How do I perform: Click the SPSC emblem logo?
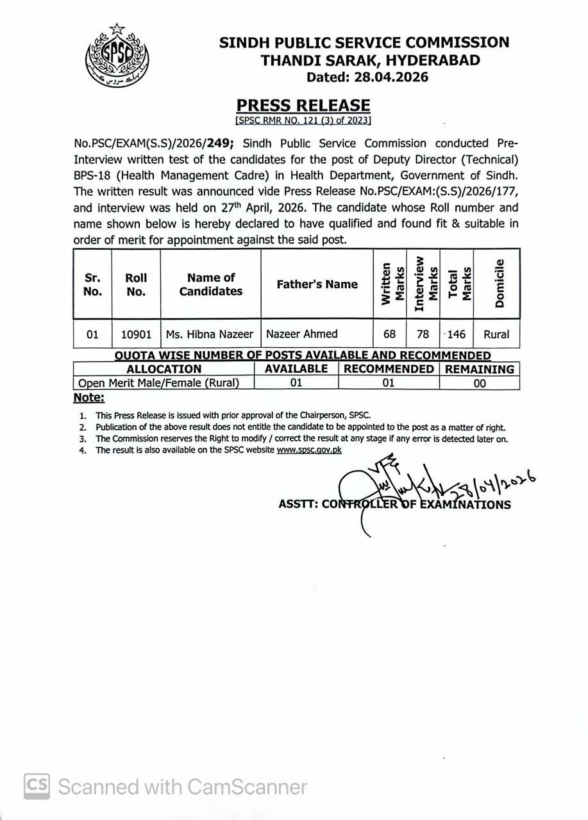point(117,57)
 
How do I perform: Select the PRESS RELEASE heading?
point(303,106)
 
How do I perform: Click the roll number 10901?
point(136,334)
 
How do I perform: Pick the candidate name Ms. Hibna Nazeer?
point(210,334)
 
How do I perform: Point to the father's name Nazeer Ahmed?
point(301,334)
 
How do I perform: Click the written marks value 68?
point(390,334)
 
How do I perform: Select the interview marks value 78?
point(423,334)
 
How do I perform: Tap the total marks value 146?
point(457,334)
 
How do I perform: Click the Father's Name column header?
point(317,284)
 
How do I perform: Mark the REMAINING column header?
point(480,369)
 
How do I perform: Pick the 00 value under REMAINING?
point(480,383)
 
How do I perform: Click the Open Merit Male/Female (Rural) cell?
point(158,383)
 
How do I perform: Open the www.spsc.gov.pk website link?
point(309,450)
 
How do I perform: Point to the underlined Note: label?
point(88,397)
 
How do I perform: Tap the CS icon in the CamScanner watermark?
point(37,786)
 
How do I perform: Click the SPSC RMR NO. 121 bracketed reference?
point(303,120)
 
